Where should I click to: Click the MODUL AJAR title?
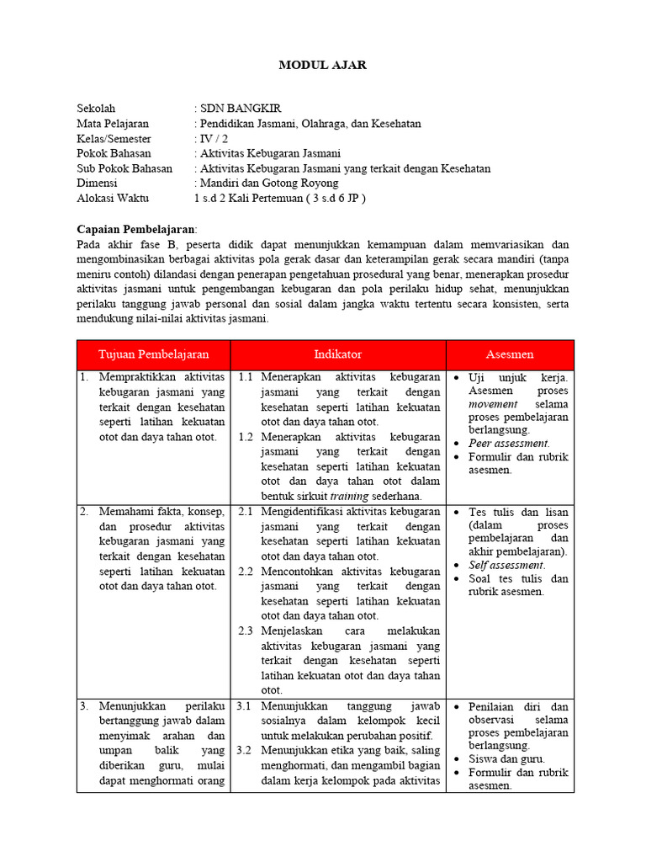323,65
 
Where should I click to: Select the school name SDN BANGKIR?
241,109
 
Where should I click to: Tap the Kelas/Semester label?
114,138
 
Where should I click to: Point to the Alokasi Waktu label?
112,198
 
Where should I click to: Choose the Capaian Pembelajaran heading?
136,229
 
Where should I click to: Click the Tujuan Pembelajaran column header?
153,354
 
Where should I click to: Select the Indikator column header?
337,354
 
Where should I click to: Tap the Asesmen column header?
510,354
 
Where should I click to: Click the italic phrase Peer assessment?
508,443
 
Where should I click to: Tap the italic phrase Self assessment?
506,565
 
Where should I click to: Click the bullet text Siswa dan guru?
507,758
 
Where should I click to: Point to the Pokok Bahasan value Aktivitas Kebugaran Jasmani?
270,153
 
